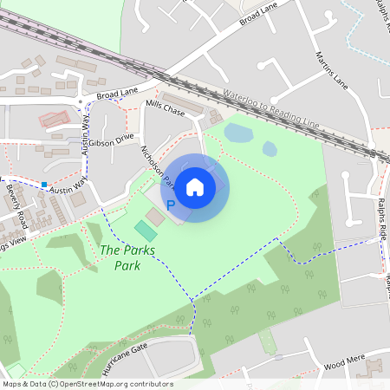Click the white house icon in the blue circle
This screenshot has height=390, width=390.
click(195, 187)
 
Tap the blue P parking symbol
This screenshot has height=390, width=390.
click(171, 205)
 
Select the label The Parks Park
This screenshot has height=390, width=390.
click(121, 257)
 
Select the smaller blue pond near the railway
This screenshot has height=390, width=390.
click(270, 149)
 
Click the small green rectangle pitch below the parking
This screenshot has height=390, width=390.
click(146, 231)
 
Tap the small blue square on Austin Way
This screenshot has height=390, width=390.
click(43, 184)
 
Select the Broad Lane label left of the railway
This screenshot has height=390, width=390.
click(118, 93)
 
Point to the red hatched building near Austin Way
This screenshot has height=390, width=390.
click(54, 120)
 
